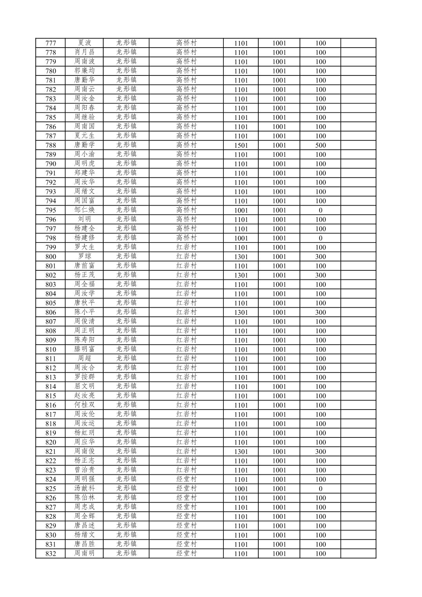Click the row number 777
coord(51,43)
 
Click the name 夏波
coord(84,43)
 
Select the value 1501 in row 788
coord(241,145)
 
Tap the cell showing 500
coord(320,145)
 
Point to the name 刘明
coord(84,219)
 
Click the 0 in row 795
coord(320,210)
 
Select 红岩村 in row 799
coord(186,247)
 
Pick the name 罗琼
coord(84,256)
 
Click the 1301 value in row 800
coord(241,257)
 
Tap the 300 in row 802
coord(320,275)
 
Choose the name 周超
coord(84,358)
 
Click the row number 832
coord(51,554)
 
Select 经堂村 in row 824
coord(186,479)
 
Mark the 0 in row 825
coord(320,489)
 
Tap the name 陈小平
coord(84,312)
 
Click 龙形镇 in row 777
coord(126,43)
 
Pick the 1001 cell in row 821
coord(279,452)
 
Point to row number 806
coord(51,312)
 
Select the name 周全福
coord(84,284)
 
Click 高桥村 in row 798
coord(186,238)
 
